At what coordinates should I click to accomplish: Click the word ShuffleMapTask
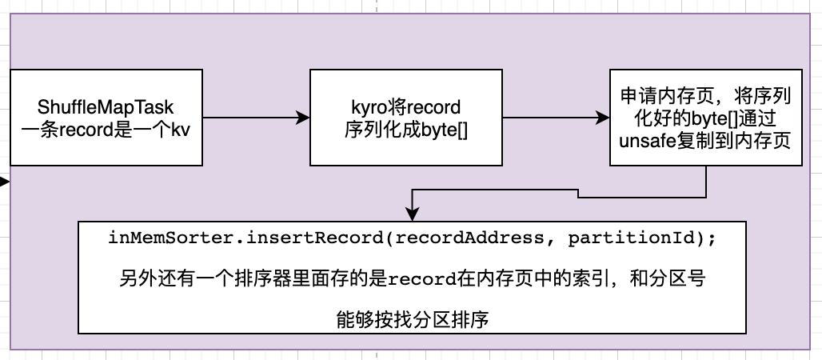pyautogui.click(x=106, y=106)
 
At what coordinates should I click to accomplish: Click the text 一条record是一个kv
pyautogui.click(x=106, y=128)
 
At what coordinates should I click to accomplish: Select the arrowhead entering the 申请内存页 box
pyautogui.click(x=603, y=118)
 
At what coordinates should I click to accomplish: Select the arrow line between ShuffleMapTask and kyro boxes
pyautogui.click(x=248, y=118)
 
